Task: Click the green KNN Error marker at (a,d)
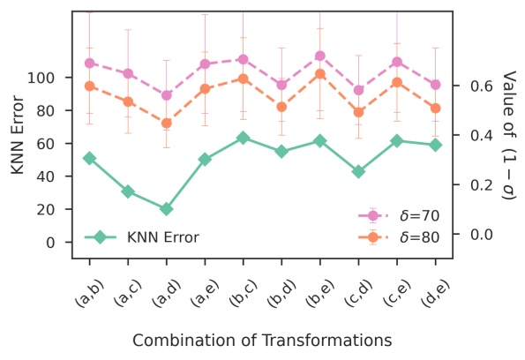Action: coord(167,209)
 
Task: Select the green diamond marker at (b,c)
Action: coord(243,139)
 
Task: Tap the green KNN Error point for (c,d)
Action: coord(358,171)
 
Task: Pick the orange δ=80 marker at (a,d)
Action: coord(167,123)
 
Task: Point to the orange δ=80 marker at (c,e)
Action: coord(397,82)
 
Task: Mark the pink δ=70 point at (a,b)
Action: coord(90,64)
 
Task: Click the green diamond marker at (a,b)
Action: coord(90,158)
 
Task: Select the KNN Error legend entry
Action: coord(141,236)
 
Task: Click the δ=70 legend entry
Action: coord(401,215)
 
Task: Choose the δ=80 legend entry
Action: coord(401,236)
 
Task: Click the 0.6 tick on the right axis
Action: coord(475,86)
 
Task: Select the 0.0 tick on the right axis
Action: coord(475,234)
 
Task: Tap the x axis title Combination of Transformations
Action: coord(262,340)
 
